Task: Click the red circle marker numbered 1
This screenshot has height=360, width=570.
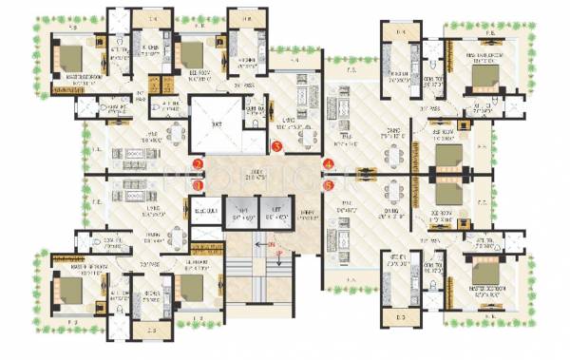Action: click(x=198, y=186)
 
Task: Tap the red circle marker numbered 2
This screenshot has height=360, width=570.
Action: click(x=198, y=165)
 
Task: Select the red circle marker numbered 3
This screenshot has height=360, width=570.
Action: click(x=275, y=147)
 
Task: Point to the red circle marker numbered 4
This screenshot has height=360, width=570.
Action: click(x=329, y=165)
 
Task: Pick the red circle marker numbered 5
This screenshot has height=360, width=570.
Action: click(x=329, y=186)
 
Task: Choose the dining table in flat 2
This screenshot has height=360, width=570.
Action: click(x=171, y=134)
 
